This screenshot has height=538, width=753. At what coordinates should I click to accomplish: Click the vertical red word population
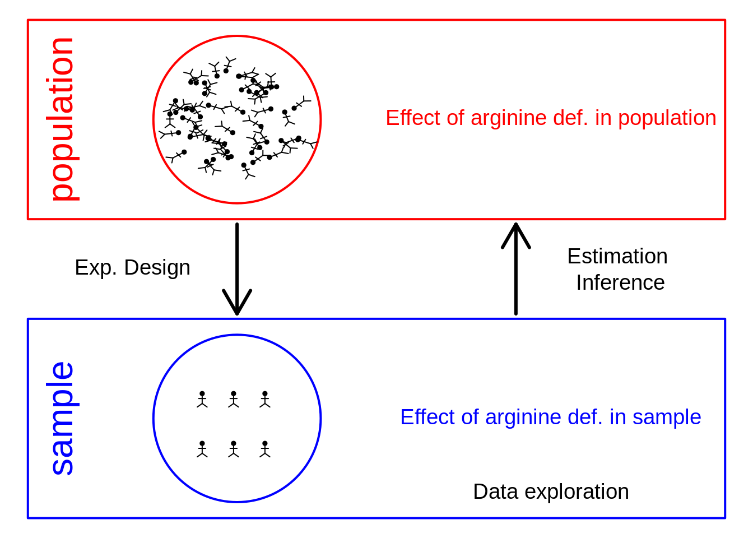coord(63,119)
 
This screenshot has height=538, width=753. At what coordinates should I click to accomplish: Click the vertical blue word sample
coord(63,418)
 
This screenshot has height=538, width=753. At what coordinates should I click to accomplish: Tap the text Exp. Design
coord(132,268)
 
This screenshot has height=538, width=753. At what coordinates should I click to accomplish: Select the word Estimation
coord(617,257)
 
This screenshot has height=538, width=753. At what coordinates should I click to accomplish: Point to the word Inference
coord(620,283)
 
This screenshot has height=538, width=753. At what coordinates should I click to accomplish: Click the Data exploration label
coord(551,492)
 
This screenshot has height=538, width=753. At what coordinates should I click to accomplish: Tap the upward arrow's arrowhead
coord(516,234)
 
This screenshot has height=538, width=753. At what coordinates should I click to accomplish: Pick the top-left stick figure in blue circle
coord(202,399)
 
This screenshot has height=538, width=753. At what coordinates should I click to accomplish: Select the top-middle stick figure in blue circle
coord(234,399)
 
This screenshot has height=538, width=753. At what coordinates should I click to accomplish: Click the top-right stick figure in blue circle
coord(265,399)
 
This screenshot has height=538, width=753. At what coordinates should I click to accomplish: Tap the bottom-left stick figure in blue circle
coord(202,449)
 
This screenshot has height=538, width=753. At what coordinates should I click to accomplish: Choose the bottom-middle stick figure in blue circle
coord(234,449)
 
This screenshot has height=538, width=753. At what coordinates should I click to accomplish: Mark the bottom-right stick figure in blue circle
coord(265,449)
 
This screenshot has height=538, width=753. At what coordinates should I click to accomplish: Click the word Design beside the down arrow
coord(157,268)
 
